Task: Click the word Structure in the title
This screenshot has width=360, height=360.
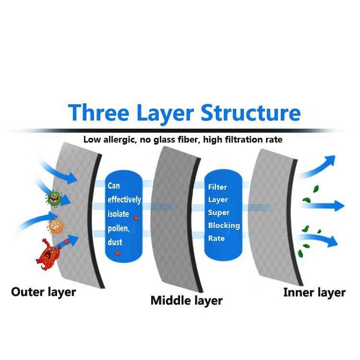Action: point(250,113)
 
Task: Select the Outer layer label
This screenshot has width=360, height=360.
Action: point(43,292)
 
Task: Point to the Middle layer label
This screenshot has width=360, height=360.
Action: point(186,300)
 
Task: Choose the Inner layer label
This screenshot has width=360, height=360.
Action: point(314,292)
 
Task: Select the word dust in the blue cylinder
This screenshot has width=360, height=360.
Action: point(114,241)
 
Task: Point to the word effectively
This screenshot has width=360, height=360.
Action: point(124,200)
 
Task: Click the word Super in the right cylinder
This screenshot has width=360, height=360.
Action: point(219,212)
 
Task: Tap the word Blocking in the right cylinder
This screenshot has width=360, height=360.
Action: point(224,225)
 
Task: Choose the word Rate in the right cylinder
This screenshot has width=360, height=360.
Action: point(217,238)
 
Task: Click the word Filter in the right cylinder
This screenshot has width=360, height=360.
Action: point(217,187)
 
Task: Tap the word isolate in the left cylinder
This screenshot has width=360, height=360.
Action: point(119,213)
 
